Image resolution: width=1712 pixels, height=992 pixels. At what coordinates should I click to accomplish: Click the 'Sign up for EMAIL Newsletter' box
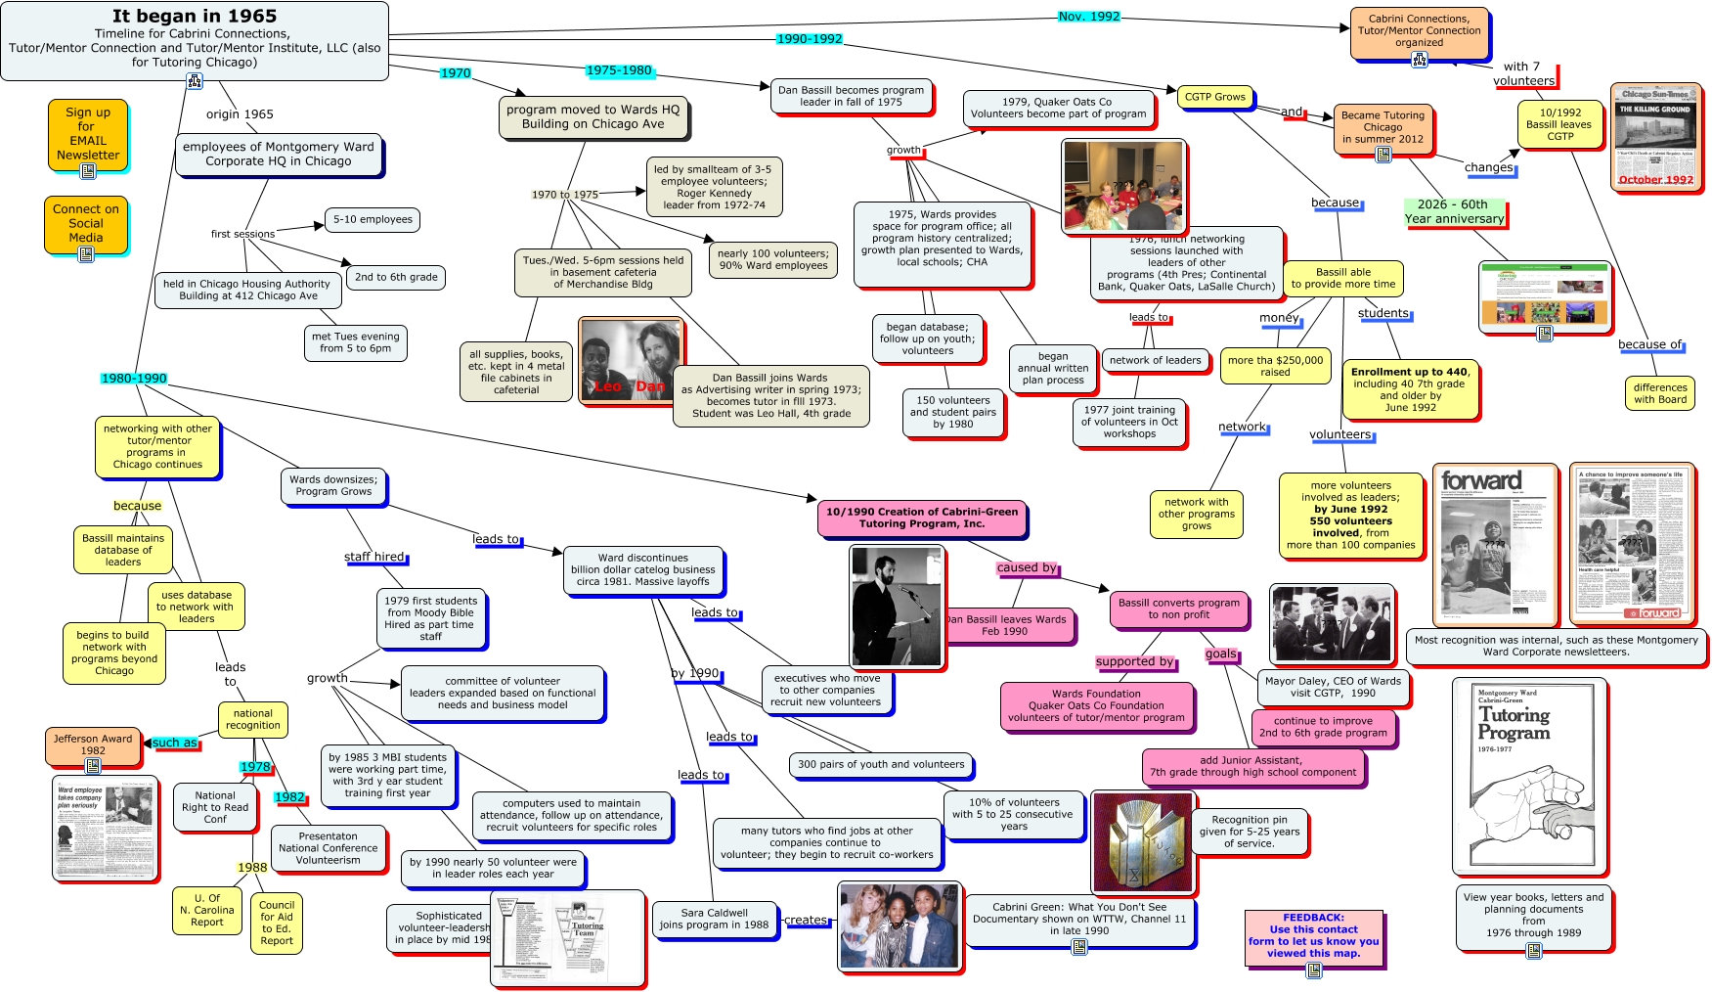pos(88,134)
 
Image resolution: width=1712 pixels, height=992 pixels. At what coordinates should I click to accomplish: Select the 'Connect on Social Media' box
pos(86,223)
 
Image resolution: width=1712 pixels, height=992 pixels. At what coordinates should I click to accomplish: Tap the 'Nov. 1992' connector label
pos(1089,17)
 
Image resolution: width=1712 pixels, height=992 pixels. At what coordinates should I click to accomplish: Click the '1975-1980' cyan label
pos(619,70)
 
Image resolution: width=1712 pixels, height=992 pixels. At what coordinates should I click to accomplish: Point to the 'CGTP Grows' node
pos(1214,97)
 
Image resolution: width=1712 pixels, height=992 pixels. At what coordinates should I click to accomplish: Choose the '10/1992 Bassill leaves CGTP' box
pos(1558,124)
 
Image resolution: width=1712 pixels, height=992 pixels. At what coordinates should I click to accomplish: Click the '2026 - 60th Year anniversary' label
pos(1454,211)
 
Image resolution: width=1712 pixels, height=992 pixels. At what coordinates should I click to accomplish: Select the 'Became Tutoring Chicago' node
pos(1383,128)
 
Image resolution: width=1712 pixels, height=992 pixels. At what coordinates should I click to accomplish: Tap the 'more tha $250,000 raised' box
pos(1275,366)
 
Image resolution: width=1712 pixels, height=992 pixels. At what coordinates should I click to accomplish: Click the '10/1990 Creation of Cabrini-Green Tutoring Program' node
pos(922,518)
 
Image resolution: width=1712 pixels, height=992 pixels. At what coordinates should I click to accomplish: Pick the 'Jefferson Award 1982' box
pos(93,745)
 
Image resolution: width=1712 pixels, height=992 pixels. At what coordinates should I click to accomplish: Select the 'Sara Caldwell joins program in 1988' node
pos(714,919)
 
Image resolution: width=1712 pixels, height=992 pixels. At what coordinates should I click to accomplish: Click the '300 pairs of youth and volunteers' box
pos(880,764)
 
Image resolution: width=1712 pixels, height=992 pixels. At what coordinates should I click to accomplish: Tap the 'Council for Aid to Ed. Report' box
pos(277,923)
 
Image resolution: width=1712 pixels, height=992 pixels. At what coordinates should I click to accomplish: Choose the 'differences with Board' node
pos(1659,393)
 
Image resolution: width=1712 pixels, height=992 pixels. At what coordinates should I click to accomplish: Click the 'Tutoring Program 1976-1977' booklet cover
pos(1528,775)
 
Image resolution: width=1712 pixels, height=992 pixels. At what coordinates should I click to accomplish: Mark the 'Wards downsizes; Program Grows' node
pos(333,485)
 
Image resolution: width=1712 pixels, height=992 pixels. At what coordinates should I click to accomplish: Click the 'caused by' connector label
pos(1027,567)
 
